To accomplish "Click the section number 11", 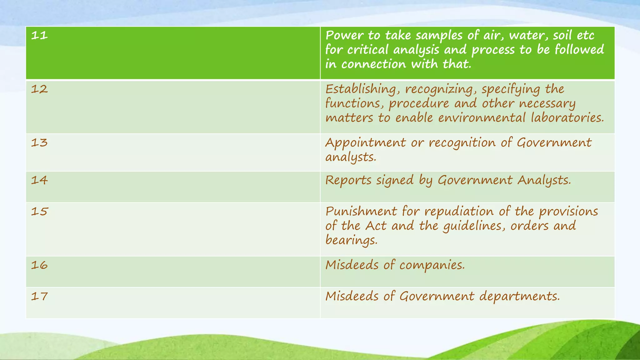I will pyautogui.click(x=39, y=35).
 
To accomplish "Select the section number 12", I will pyautogui.click(x=39, y=89).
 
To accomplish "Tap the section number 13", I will pyautogui.click(x=39, y=142).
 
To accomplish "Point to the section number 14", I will pyautogui.click(x=39, y=180).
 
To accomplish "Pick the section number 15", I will pyautogui.click(x=39, y=212).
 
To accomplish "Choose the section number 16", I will pyautogui.click(x=39, y=265).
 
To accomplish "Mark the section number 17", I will pyautogui.click(x=39, y=296).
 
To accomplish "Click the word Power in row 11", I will pyautogui.click(x=344, y=35).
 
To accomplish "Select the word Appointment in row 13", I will pyautogui.click(x=365, y=143).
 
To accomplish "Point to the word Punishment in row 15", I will pyautogui.click(x=361, y=212).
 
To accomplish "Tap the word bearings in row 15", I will pyautogui.click(x=351, y=240).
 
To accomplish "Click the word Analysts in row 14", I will pyautogui.click(x=544, y=180).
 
